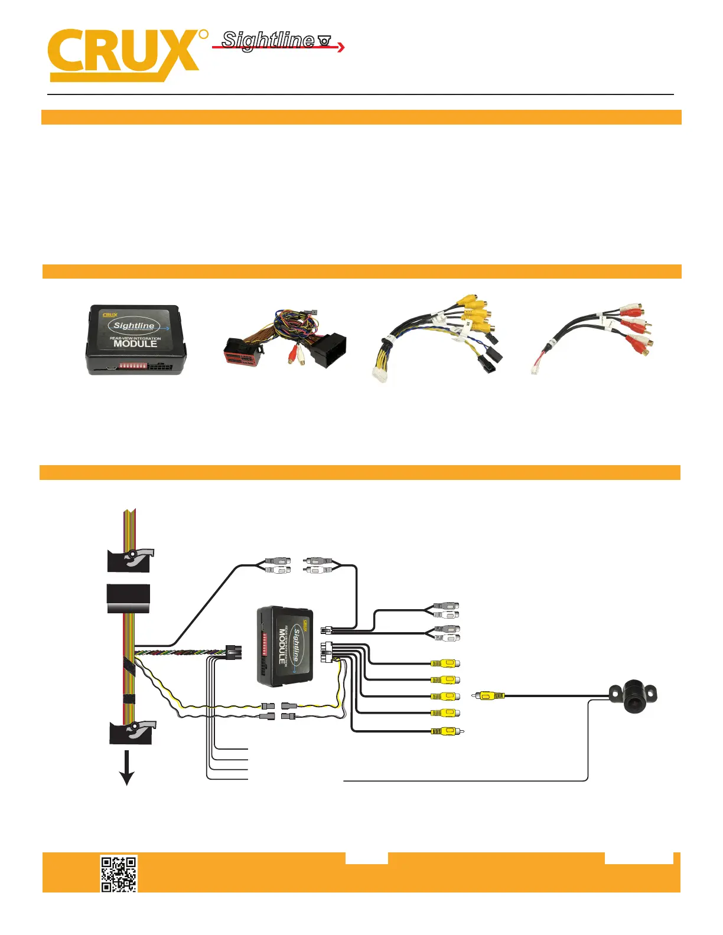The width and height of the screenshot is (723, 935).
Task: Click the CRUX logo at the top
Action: coord(124,54)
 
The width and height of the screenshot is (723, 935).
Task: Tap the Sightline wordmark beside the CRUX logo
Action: coord(268,40)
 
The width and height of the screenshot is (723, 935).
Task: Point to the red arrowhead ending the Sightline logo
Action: coord(341,47)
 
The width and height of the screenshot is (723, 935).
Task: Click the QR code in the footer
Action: coord(119,874)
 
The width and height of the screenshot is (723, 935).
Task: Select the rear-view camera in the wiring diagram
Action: coord(634,696)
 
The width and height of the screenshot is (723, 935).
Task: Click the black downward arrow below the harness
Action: coord(126,770)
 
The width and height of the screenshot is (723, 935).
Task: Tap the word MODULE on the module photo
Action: coord(135,344)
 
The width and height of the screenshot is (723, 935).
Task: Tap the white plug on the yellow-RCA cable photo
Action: coord(379,374)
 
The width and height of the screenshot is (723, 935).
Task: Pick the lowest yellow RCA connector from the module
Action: coord(446,731)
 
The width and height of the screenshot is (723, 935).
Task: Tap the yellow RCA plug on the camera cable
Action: coord(488,696)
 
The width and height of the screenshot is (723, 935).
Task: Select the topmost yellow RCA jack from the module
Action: coord(445,663)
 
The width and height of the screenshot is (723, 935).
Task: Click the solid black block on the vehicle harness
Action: coord(128,599)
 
